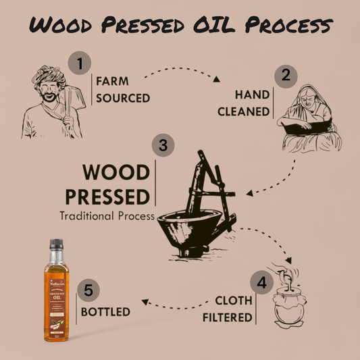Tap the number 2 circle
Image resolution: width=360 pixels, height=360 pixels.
(x=286, y=75)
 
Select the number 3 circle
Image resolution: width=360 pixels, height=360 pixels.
(x=162, y=145)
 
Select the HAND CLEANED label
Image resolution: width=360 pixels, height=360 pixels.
(x=244, y=103)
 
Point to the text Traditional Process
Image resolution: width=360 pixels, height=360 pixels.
(x=107, y=217)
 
